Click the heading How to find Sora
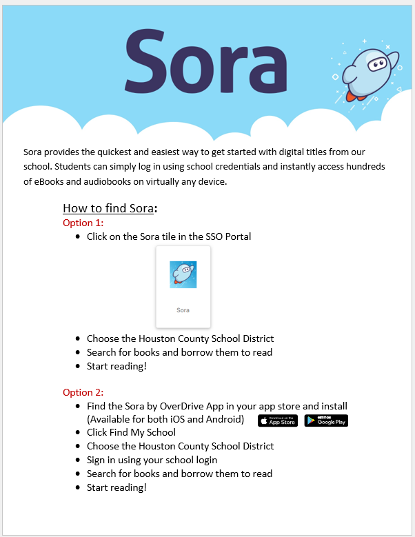click(109, 208)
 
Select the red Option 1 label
click(83, 223)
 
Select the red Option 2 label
click(83, 392)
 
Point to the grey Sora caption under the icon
click(183, 310)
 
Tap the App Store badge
click(278, 421)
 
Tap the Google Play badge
click(326, 421)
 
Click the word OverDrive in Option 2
click(174, 406)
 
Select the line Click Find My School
click(131, 432)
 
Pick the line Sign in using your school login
click(152, 460)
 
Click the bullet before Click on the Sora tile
click(77, 237)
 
